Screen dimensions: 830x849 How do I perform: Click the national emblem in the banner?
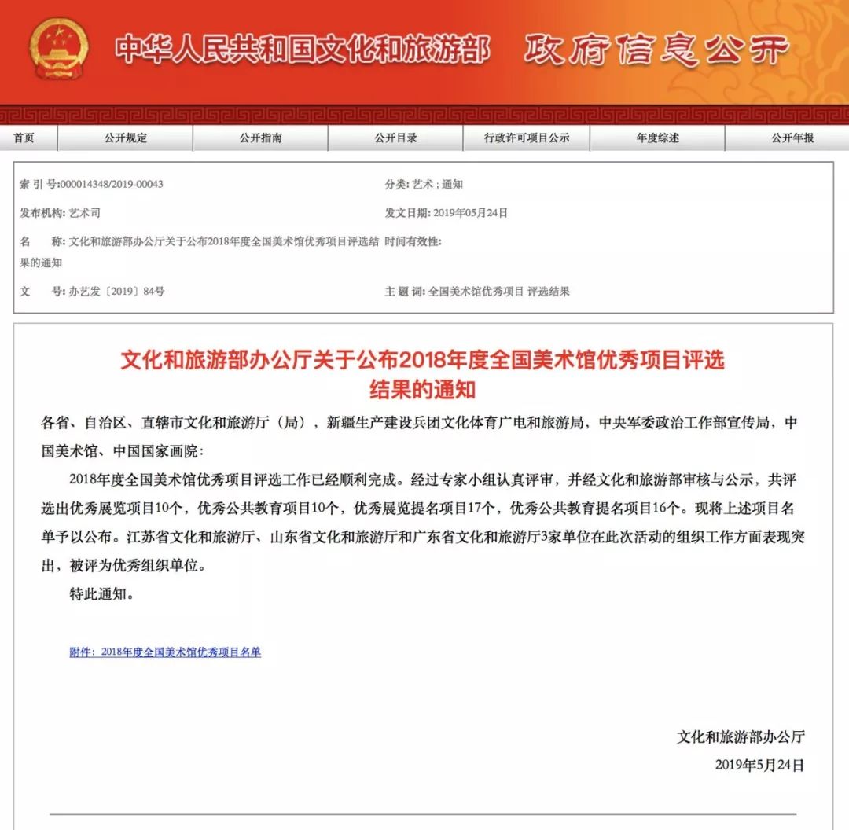[58, 48]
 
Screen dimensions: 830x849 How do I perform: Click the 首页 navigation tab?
[24, 138]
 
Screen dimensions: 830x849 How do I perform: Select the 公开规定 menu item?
[125, 138]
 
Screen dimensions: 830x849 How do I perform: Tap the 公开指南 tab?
[260, 138]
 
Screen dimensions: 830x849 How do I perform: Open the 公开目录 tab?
[395, 138]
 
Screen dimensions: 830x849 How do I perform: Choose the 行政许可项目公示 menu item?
[526, 138]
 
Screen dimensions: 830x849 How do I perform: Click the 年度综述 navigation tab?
[657, 138]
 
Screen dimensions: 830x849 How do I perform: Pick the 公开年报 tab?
[792, 138]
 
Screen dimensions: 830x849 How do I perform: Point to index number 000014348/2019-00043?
[112, 184]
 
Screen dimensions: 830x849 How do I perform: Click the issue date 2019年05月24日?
[470, 212]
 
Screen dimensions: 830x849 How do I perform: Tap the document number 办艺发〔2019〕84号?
[116, 291]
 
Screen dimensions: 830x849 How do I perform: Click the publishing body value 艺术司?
[85, 212]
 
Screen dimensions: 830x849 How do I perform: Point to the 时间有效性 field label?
[413, 241]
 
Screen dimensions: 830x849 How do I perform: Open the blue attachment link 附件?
[165, 652]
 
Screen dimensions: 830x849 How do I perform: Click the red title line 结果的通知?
[422, 389]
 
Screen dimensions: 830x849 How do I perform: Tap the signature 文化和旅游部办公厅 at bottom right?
[741, 736]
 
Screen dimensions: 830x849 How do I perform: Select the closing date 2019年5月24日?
[759, 764]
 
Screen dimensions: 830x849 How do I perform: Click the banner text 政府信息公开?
[655, 50]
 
